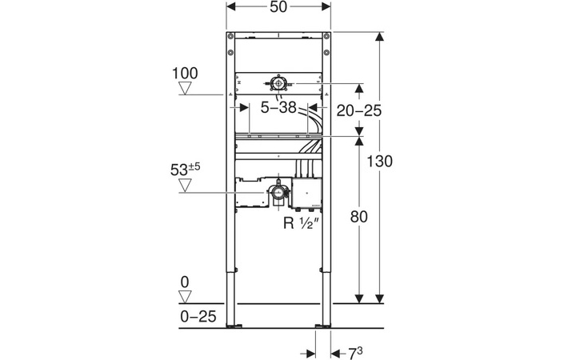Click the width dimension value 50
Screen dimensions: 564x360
coord(278,7)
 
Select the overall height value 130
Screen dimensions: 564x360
coord(379,161)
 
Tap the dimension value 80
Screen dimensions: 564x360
coord(359,217)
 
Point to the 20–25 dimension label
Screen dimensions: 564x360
coord(359,110)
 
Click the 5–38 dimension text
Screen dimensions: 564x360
coord(278,107)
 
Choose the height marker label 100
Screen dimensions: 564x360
coord(185,74)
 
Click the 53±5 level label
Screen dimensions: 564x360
coord(186,170)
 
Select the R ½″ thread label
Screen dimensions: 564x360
coord(302,223)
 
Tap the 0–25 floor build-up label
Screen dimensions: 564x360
coord(198,317)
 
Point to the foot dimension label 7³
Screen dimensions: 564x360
coord(355,353)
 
